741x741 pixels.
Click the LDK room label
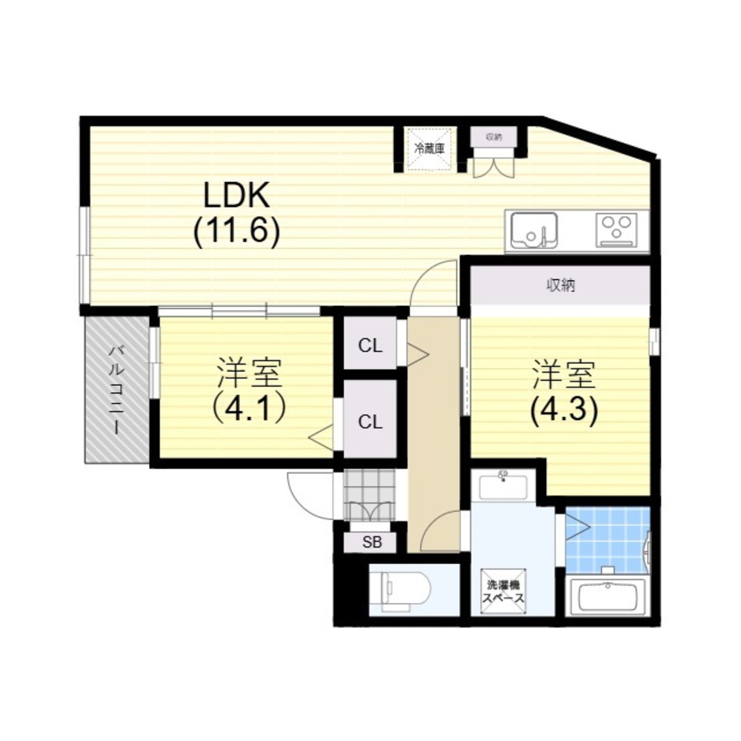pyautogui.click(x=236, y=195)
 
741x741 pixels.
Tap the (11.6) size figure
pyautogui.click(x=236, y=231)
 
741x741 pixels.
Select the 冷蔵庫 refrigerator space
pyautogui.click(x=429, y=149)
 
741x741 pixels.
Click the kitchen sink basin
pyautogui.click(x=534, y=230)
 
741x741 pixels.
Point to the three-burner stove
pyautogui.click(x=617, y=230)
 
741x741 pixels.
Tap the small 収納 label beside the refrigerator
pyautogui.click(x=494, y=137)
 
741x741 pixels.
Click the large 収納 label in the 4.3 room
pyautogui.click(x=561, y=285)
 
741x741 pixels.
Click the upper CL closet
pyautogui.click(x=370, y=345)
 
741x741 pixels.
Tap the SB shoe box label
pyautogui.click(x=372, y=542)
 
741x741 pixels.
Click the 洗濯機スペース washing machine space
pyautogui.click(x=503, y=591)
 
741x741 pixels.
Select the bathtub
pyautogui.click(x=608, y=597)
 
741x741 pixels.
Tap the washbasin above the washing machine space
pyautogui.click(x=503, y=487)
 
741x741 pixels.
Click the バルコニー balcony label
pyautogui.click(x=117, y=390)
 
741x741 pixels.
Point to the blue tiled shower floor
pyautogui.click(x=608, y=539)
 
